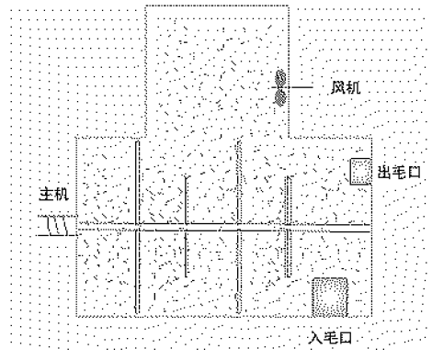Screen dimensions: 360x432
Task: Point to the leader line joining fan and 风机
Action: (x=307, y=87)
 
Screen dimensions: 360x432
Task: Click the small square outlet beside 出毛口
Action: (x=358, y=171)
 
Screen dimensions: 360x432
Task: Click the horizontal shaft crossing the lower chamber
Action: (x=221, y=224)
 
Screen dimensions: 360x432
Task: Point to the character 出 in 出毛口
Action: (x=383, y=171)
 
